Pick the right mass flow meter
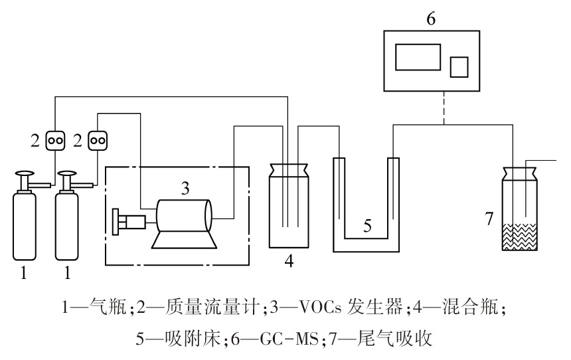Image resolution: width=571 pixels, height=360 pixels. pyautogui.click(x=98, y=140)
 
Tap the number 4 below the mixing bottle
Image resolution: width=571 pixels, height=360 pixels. pyautogui.click(x=289, y=261)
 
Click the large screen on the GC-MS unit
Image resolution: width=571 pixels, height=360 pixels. pyautogui.click(x=418, y=56)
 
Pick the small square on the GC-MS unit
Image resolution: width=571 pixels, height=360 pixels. pyautogui.click(x=459, y=67)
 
